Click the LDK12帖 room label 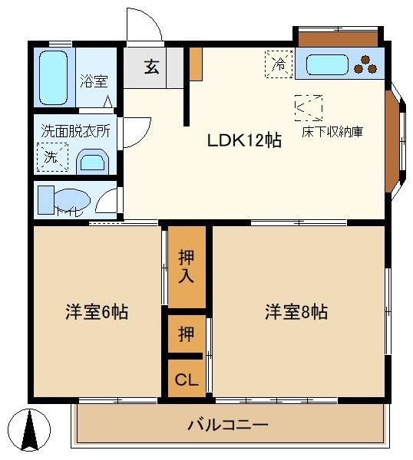pyautogui.click(x=244, y=140)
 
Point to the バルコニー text pyautogui.click(x=228, y=425)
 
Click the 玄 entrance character pyautogui.click(x=151, y=67)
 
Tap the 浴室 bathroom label pyautogui.click(x=94, y=81)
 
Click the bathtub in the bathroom pyautogui.click(x=53, y=77)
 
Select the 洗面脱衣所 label pyautogui.click(x=75, y=131)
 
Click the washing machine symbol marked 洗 pyautogui.click(x=52, y=157)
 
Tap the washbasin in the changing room pyautogui.click(x=93, y=162)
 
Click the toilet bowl pyautogui.click(x=73, y=199)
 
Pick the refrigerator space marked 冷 pyautogui.click(x=279, y=64)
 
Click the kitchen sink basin pyautogui.click(x=327, y=65)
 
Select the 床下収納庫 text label pyautogui.click(x=332, y=132)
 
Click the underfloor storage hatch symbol pyautogui.click(x=309, y=108)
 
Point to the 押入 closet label pyautogui.click(x=187, y=266)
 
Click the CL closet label pyautogui.click(x=187, y=379)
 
